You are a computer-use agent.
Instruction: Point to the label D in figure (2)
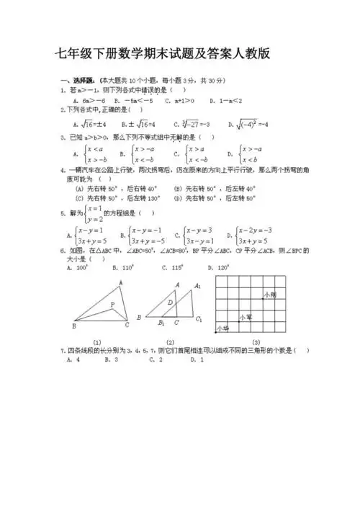pyautogui.click(x=171, y=303)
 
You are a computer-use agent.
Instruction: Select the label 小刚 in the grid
pyautogui.click(x=270, y=295)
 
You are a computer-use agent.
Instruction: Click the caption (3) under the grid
pyautogui.click(x=256, y=342)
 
